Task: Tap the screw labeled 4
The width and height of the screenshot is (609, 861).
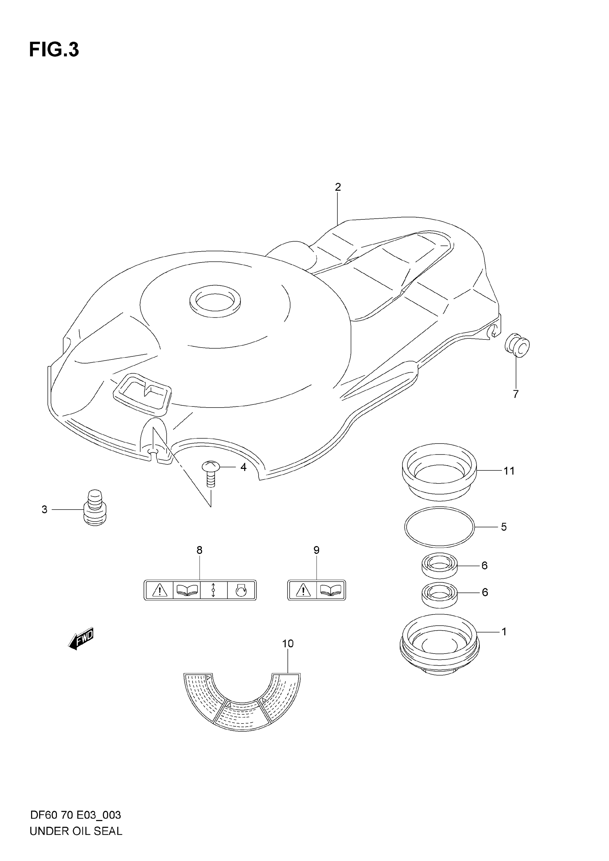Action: [x=210, y=474]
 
